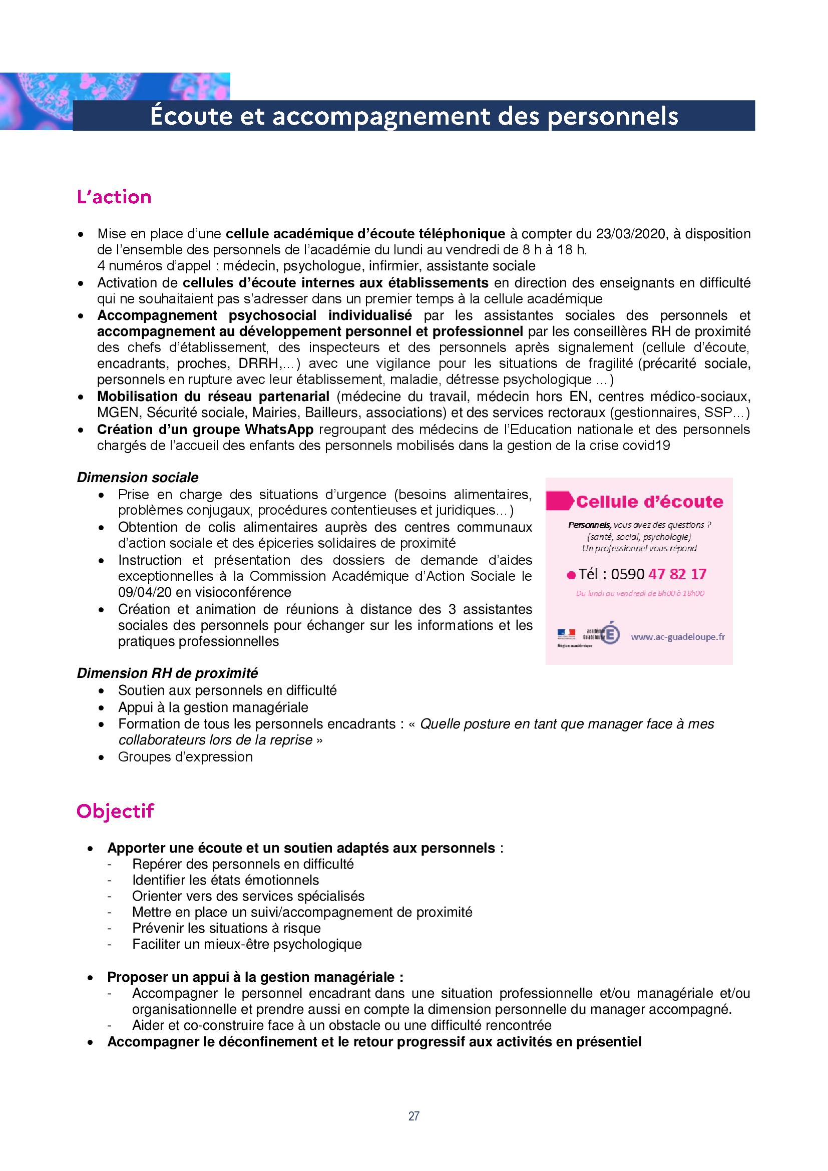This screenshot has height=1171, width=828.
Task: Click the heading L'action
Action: coord(114,197)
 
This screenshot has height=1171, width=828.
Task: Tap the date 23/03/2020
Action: coord(630,234)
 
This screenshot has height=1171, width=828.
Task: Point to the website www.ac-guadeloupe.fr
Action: coord(678,636)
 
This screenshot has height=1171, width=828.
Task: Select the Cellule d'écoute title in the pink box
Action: coord(649,501)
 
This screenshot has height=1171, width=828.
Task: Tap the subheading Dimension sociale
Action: coord(138,478)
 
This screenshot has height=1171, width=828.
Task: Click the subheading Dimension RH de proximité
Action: coord(167,673)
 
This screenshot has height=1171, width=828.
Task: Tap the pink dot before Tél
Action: coord(571,576)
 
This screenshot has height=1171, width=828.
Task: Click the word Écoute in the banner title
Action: coord(187,116)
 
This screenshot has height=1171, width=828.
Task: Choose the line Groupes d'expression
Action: coord(185,757)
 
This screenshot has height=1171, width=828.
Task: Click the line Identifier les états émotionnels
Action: coord(225,880)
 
